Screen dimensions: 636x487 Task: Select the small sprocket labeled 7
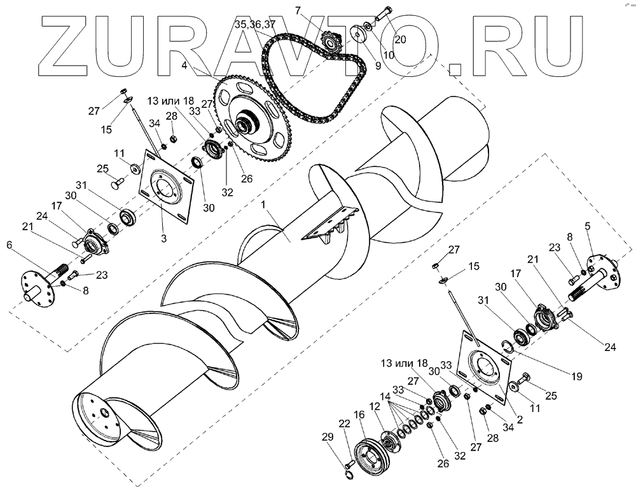329,45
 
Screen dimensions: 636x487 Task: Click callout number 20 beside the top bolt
400,39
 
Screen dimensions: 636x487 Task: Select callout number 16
359,415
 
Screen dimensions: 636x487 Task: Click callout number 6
10,245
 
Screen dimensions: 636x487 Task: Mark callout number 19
576,376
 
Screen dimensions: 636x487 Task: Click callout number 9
359,64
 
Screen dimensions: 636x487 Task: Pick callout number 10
388,55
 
